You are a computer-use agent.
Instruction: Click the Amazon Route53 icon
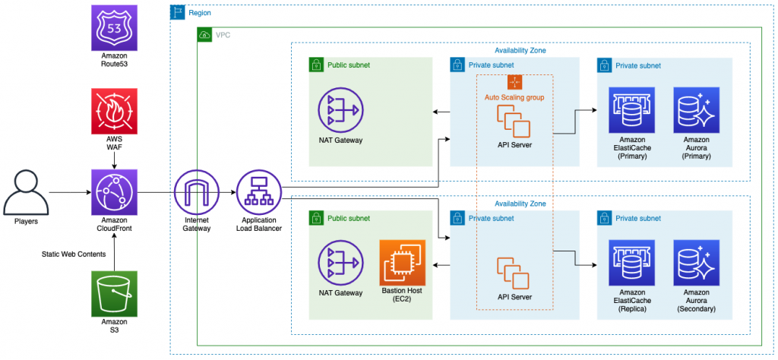click(114, 28)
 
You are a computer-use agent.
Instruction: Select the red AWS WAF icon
click(114, 111)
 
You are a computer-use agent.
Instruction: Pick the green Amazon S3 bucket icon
click(114, 294)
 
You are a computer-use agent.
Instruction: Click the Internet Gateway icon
click(197, 192)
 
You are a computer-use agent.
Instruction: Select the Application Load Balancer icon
click(259, 192)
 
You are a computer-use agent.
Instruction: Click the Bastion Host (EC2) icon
click(402, 263)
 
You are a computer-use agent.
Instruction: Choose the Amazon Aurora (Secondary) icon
click(696, 263)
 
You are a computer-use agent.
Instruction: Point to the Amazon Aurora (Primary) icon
click(696, 110)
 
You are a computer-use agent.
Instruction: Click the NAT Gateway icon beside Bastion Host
click(341, 263)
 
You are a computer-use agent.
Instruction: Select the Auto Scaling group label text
click(514, 97)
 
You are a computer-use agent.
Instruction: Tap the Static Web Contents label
click(74, 254)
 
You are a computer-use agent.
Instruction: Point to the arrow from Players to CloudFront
click(70, 192)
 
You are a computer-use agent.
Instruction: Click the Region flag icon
click(176, 12)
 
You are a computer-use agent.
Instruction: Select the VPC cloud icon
click(204, 35)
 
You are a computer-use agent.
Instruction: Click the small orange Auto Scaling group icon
click(514, 82)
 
